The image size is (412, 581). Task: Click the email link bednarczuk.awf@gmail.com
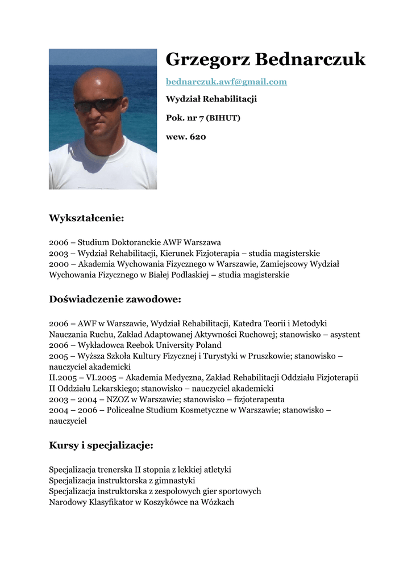(226, 82)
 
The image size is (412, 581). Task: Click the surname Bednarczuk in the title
(310, 60)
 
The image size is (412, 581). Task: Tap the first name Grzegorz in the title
(207, 60)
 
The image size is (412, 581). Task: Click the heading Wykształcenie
(86, 218)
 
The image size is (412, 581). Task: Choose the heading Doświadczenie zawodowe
(115, 299)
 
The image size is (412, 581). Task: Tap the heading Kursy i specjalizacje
(101, 445)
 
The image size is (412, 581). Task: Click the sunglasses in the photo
(98, 105)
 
